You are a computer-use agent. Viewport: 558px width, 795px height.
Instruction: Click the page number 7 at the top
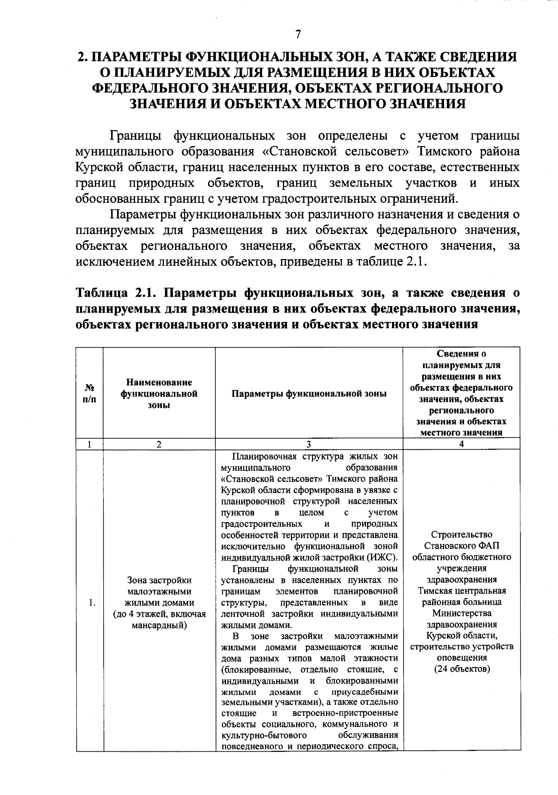pos(298,34)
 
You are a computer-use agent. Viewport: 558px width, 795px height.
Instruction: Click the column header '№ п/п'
pos(89,394)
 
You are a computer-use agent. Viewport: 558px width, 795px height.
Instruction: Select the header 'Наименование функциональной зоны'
pos(159,394)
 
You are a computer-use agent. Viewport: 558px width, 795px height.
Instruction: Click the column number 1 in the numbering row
pos(89,444)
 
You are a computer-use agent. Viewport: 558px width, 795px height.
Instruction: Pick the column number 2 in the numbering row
pos(159,444)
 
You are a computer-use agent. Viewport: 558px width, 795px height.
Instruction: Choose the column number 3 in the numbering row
pos(309,444)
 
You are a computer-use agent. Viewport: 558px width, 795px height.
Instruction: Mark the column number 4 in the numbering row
pos(461,444)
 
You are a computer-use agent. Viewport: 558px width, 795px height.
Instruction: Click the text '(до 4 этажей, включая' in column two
pos(159,614)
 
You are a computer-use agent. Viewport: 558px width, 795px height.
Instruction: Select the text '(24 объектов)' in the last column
pos(462,669)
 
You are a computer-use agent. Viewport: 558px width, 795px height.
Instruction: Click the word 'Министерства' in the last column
pos(461,613)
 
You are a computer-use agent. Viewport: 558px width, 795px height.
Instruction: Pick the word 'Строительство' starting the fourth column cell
pos(461,534)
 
